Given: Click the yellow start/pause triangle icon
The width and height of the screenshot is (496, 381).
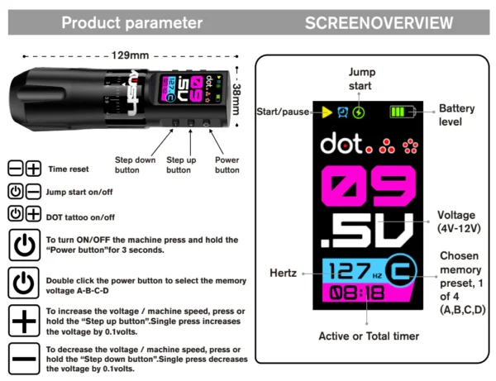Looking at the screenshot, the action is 327,112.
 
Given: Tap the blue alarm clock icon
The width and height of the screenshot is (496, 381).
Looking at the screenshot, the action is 342,112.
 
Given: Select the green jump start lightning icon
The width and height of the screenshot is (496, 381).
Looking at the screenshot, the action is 359,112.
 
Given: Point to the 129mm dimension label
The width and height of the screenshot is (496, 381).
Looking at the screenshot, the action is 130,55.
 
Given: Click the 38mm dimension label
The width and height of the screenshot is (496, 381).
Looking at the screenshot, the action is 236,99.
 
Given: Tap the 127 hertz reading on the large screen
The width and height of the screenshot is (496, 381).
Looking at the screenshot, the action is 350,271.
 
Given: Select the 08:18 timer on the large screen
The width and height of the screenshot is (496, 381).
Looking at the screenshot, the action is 357,293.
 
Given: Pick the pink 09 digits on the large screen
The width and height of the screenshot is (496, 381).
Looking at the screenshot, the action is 368,187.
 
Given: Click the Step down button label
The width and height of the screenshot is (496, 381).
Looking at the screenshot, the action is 135,164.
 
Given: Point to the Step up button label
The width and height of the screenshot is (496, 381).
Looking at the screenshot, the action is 181,164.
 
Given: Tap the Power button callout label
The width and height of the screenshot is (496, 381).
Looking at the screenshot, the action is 227,164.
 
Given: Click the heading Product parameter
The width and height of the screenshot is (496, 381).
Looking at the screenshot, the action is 132,23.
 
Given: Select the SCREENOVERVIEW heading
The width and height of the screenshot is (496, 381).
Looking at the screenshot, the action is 379,23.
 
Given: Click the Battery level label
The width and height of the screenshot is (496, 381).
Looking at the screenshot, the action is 457,115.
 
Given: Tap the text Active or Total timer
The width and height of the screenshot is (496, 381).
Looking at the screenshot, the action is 369,336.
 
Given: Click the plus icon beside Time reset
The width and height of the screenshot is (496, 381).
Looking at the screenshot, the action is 34,168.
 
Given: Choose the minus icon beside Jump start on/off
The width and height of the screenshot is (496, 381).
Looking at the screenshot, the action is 33,191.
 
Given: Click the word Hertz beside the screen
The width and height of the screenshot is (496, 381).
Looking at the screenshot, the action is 283,273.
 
